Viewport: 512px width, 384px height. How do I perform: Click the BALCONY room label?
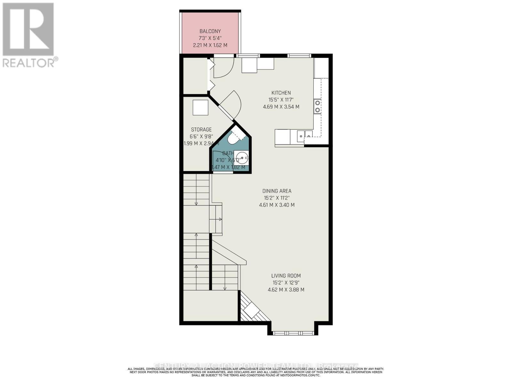(210, 31)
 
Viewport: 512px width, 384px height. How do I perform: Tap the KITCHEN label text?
(281, 93)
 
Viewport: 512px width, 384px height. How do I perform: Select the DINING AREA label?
(276, 191)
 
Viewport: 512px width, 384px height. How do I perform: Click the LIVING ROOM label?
(286, 276)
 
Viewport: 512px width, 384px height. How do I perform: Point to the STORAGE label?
(201, 130)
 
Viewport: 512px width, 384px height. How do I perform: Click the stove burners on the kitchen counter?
(317, 107)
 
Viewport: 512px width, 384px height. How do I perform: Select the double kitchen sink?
(304, 134)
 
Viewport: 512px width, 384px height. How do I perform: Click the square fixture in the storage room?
(200, 108)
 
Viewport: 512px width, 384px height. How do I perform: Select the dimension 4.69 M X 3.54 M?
(281, 107)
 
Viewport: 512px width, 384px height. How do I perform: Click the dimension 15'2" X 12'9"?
(286, 283)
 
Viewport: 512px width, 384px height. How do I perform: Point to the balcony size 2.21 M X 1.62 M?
(210, 45)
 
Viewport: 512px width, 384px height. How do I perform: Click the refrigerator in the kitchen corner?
(321, 68)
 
